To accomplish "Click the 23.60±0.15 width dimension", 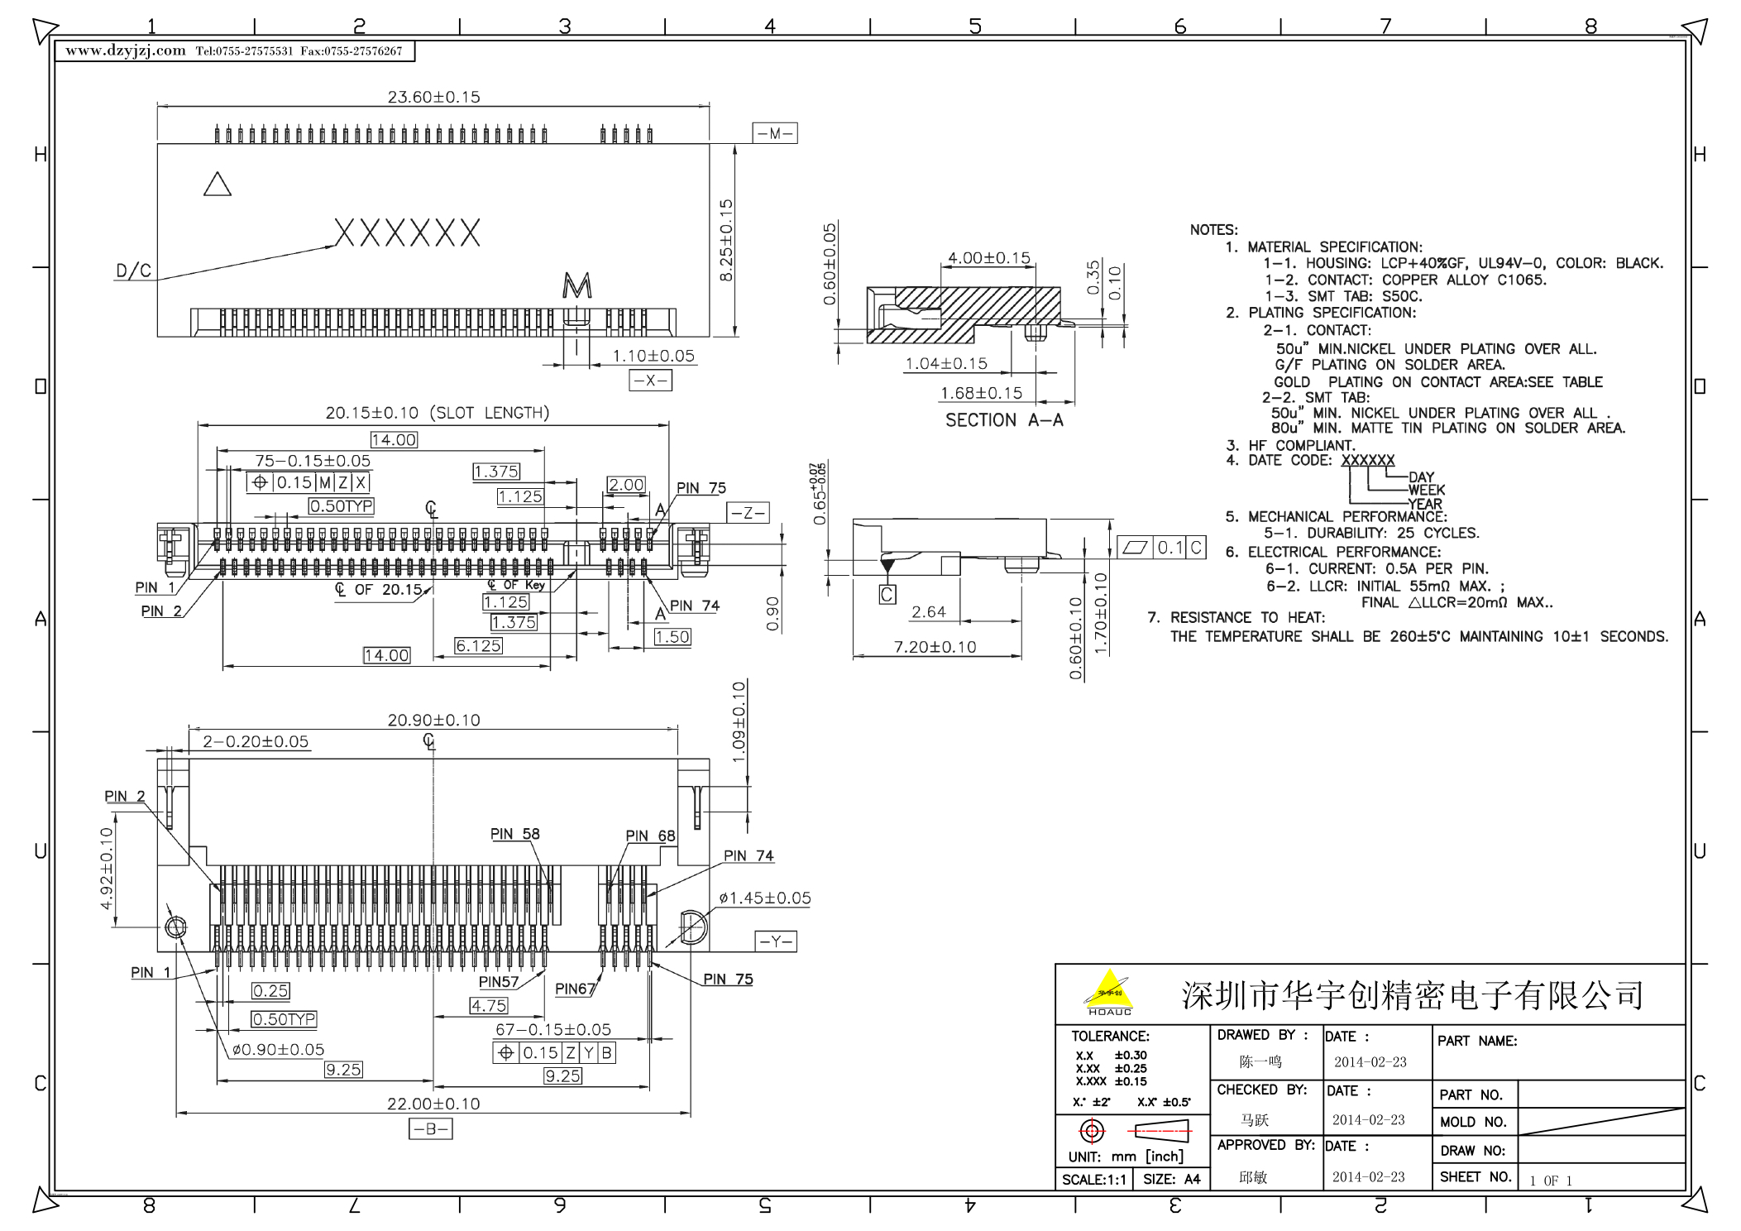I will (x=433, y=97).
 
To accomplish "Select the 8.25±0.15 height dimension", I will (x=726, y=240).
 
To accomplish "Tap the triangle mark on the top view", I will (x=218, y=184).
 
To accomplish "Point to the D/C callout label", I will (x=133, y=271).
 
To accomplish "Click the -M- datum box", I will (x=775, y=133).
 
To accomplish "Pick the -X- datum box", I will (x=650, y=380).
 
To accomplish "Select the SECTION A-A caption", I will (x=1004, y=420).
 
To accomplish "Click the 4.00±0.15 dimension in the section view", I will (x=988, y=258).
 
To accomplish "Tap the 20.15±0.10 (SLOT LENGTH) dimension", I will (x=437, y=413).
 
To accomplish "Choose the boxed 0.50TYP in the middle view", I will (x=342, y=505).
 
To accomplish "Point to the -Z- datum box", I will (x=748, y=513).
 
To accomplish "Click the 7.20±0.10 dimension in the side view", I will (x=935, y=647).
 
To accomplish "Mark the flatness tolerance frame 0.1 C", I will (x=1161, y=547).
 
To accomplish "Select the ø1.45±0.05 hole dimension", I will (x=765, y=898).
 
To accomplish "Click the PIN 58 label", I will (x=514, y=834).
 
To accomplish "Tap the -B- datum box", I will (x=430, y=1128).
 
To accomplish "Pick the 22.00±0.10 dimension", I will (x=433, y=1104).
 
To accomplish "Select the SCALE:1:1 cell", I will (x=1093, y=1180).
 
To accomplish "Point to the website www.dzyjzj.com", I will (x=126, y=50).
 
